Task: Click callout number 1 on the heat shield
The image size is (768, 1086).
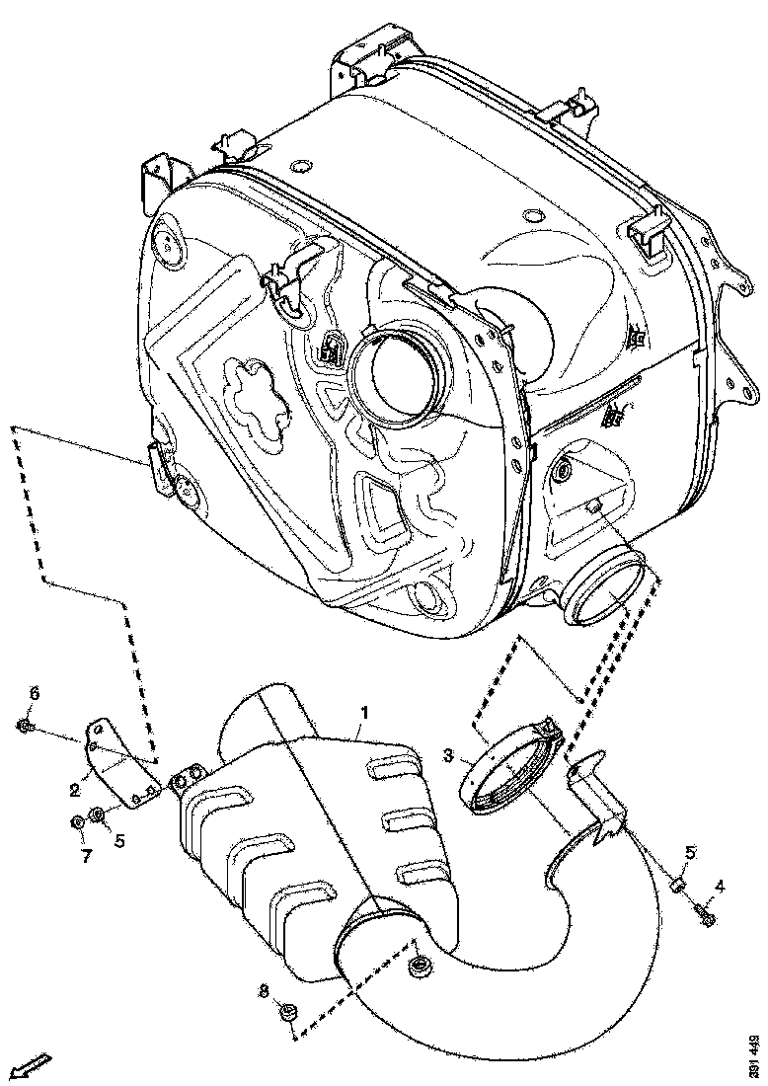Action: coord(364,712)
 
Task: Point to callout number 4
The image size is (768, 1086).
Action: coord(720,888)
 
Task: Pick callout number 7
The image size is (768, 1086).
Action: coord(85,857)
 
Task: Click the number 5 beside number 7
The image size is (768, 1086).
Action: coord(119,842)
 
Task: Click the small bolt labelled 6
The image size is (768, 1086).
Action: coord(25,727)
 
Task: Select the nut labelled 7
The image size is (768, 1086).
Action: coord(77,822)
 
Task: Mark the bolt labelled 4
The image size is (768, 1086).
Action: coord(706,916)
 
